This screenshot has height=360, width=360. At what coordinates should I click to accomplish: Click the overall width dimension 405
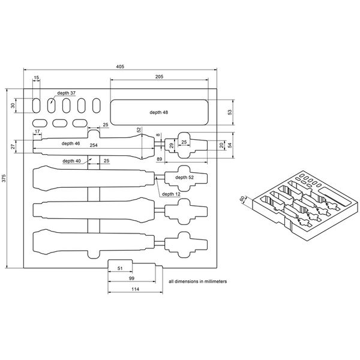point(120,66)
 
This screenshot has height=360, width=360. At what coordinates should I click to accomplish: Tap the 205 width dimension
point(160,77)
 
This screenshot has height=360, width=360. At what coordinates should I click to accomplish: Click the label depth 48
point(160,112)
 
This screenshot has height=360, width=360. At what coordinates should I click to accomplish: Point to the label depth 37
point(67,94)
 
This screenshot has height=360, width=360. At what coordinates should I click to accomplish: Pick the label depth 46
point(71,144)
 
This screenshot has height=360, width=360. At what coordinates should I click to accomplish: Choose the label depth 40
point(71,161)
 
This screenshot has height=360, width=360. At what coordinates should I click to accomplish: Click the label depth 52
point(185,178)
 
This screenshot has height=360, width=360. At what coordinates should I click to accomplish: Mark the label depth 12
point(172,194)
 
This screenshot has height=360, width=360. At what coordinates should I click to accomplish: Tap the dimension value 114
point(135,290)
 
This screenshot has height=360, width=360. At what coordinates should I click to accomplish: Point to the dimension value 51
point(119,269)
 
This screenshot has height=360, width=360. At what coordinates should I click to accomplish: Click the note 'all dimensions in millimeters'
point(197,281)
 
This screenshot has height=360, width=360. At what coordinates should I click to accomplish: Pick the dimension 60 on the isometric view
point(242,199)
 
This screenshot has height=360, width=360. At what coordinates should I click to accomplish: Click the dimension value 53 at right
point(230,112)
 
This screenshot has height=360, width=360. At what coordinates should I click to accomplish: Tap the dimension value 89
point(159,158)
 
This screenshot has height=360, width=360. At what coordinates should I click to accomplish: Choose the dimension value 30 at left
point(13,106)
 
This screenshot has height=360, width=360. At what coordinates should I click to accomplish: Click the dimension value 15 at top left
point(36,78)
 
